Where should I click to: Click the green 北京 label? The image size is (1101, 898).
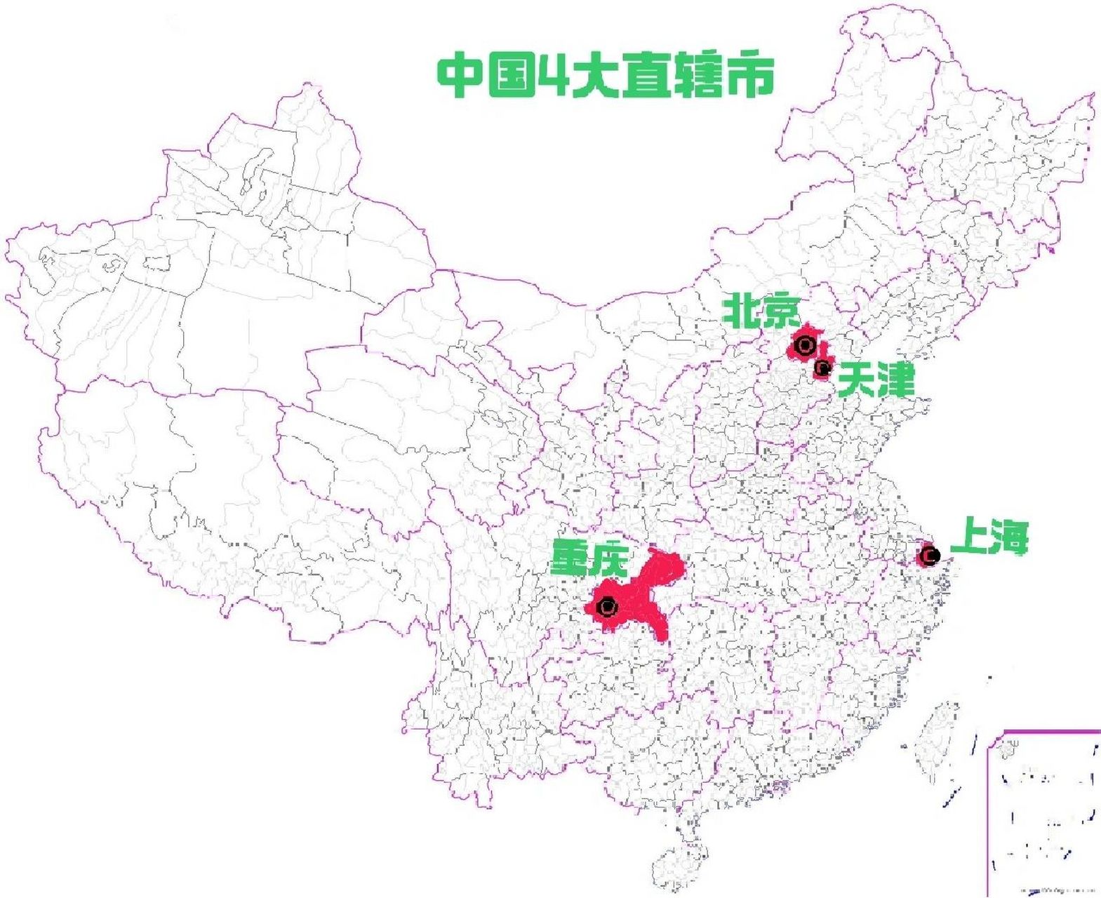761,311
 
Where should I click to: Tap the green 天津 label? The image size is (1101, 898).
876,380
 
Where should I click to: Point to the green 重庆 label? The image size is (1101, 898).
589,558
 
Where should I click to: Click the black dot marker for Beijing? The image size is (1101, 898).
805,345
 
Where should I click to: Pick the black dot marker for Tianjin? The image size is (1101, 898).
822,367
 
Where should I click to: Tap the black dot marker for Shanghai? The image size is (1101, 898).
930,556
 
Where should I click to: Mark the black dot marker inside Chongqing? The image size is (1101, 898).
607,607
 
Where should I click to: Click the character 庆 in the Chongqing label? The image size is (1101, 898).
607,558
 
